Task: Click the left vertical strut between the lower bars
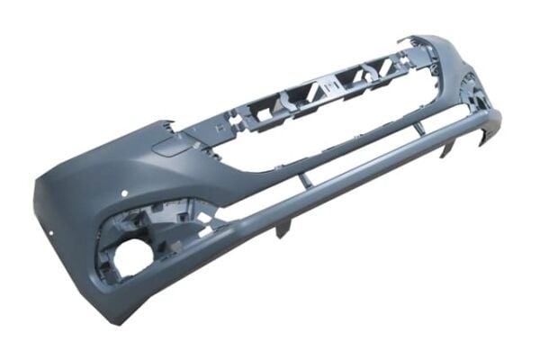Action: coord(305,180)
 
